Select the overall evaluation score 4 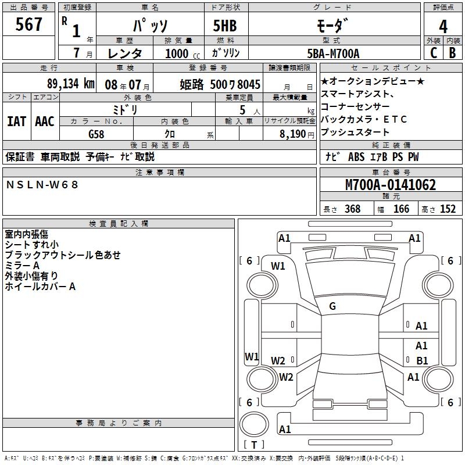coord(443,27)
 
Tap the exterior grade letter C coord(433,52)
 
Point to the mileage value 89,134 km coord(70,84)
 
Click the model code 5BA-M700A coord(334,53)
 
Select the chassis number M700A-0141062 coord(390,185)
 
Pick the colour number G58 coord(96,134)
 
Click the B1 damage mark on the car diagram coord(422,361)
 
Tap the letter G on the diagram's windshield coord(332,306)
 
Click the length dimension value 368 coord(352,209)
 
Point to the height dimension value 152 coord(448,209)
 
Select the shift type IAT coord(16,121)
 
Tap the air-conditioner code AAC coord(45,121)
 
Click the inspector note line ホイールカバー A coord(40,287)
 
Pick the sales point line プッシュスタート coord(355,133)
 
